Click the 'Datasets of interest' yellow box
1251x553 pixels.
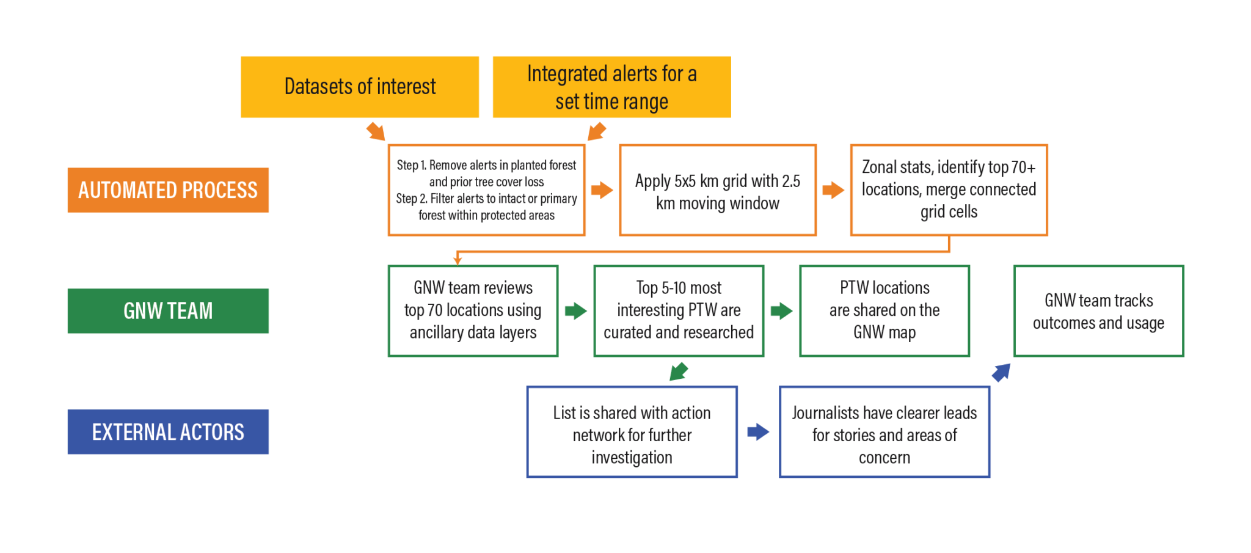[x=360, y=87]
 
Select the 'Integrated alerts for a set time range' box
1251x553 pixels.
[x=611, y=87]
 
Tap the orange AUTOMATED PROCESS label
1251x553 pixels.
[x=168, y=190]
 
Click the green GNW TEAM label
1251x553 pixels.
[x=168, y=311]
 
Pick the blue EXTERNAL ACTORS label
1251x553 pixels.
[x=168, y=432]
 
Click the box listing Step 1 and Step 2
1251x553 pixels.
[x=486, y=190]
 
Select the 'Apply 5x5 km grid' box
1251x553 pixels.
[x=718, y=190]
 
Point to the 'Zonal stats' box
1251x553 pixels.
[x=949, y=190]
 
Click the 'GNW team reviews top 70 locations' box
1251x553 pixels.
[x=473, y=311]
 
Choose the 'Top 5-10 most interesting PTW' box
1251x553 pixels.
[x=679, y=311]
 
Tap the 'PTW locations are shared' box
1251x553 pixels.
[x=884, y=311]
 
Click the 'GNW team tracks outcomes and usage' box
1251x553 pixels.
[x=1098, y=311]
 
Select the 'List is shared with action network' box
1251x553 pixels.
[x=632, y=432]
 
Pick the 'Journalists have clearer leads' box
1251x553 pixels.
[x=884, y=432]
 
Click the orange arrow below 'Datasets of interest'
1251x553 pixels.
[x=376, y=131]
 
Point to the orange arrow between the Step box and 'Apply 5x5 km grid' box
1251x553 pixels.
[x=602, y=190]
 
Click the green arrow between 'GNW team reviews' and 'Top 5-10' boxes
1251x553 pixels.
[x=575, y=311]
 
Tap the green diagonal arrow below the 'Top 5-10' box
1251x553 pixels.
[x=679, y=372]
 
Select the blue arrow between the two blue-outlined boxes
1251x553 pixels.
[x=758, y=432]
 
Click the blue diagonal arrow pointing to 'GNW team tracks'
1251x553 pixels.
[x=1001, y=373]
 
